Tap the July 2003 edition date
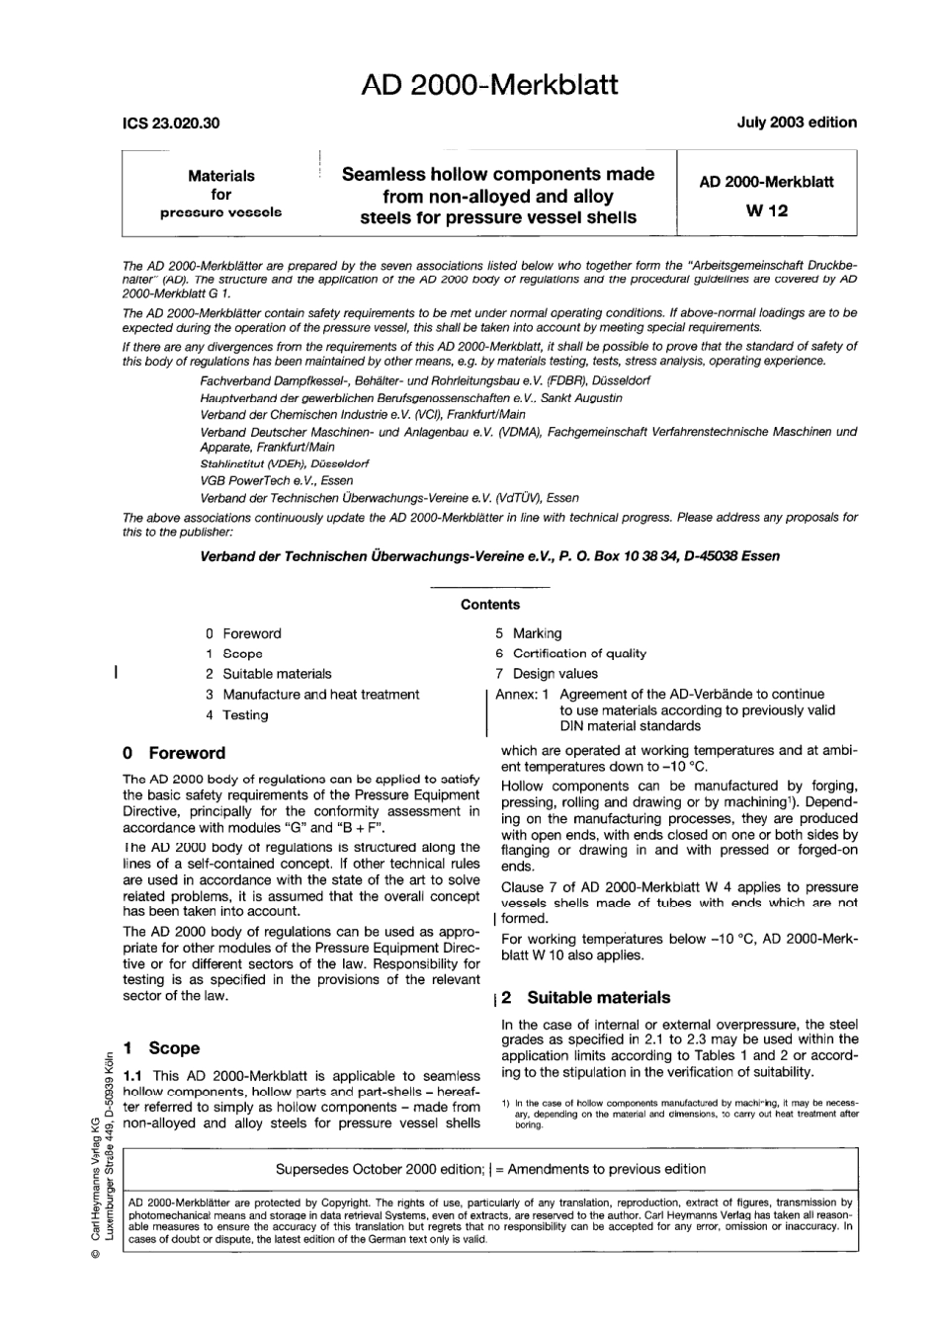point(796,123)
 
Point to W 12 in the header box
point(766,210)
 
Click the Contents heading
point(489,605)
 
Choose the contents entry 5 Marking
point(529,633)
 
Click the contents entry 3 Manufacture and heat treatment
point(312,695)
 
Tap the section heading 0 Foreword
point(174,753)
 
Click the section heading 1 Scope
point(161,1048)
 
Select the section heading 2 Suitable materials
point(586,998)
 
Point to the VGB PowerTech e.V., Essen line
point(276,480)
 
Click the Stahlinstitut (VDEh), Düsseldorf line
point(285,462)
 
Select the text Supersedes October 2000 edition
point(379,1169)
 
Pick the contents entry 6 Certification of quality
point(571,653)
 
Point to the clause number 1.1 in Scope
point(134,1075)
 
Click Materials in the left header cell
point(221,176)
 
